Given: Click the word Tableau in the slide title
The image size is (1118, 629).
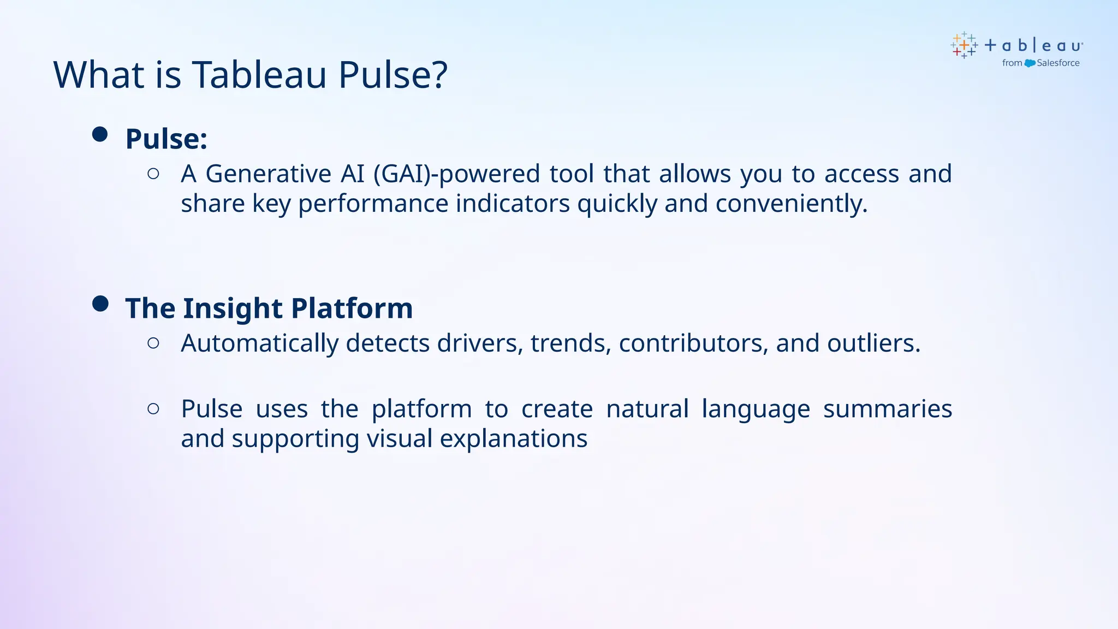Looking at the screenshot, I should [x=260, y=75].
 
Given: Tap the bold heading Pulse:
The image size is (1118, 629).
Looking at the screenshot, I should [x=166, y=139].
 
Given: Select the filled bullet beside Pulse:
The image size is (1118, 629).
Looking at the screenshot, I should [x=100, y=134].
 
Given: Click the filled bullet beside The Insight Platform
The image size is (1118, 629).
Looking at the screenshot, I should [x=100, y=304].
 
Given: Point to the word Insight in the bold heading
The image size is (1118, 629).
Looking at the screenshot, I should [x=233, y=308].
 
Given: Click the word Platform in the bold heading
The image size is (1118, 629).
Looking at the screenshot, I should [x=352, y=308].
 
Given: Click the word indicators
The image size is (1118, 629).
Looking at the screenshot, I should [x=513, y=204].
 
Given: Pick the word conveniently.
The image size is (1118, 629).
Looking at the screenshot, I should [x=791, y=204].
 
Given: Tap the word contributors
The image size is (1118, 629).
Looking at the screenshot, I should [x=693, y=343].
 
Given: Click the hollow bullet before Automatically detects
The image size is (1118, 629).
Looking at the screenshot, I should [x=153, y=343].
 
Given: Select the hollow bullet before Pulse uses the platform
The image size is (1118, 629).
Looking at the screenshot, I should [x=153, y=408].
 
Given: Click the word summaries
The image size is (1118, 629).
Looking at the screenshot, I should [x=888, y=409].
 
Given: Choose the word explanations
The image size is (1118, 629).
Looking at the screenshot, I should [x=513, y=439].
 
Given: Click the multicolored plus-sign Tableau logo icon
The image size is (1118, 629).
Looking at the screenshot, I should [x=964, y=45].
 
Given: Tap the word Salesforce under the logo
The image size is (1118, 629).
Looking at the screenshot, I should [x=1058, y=63].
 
